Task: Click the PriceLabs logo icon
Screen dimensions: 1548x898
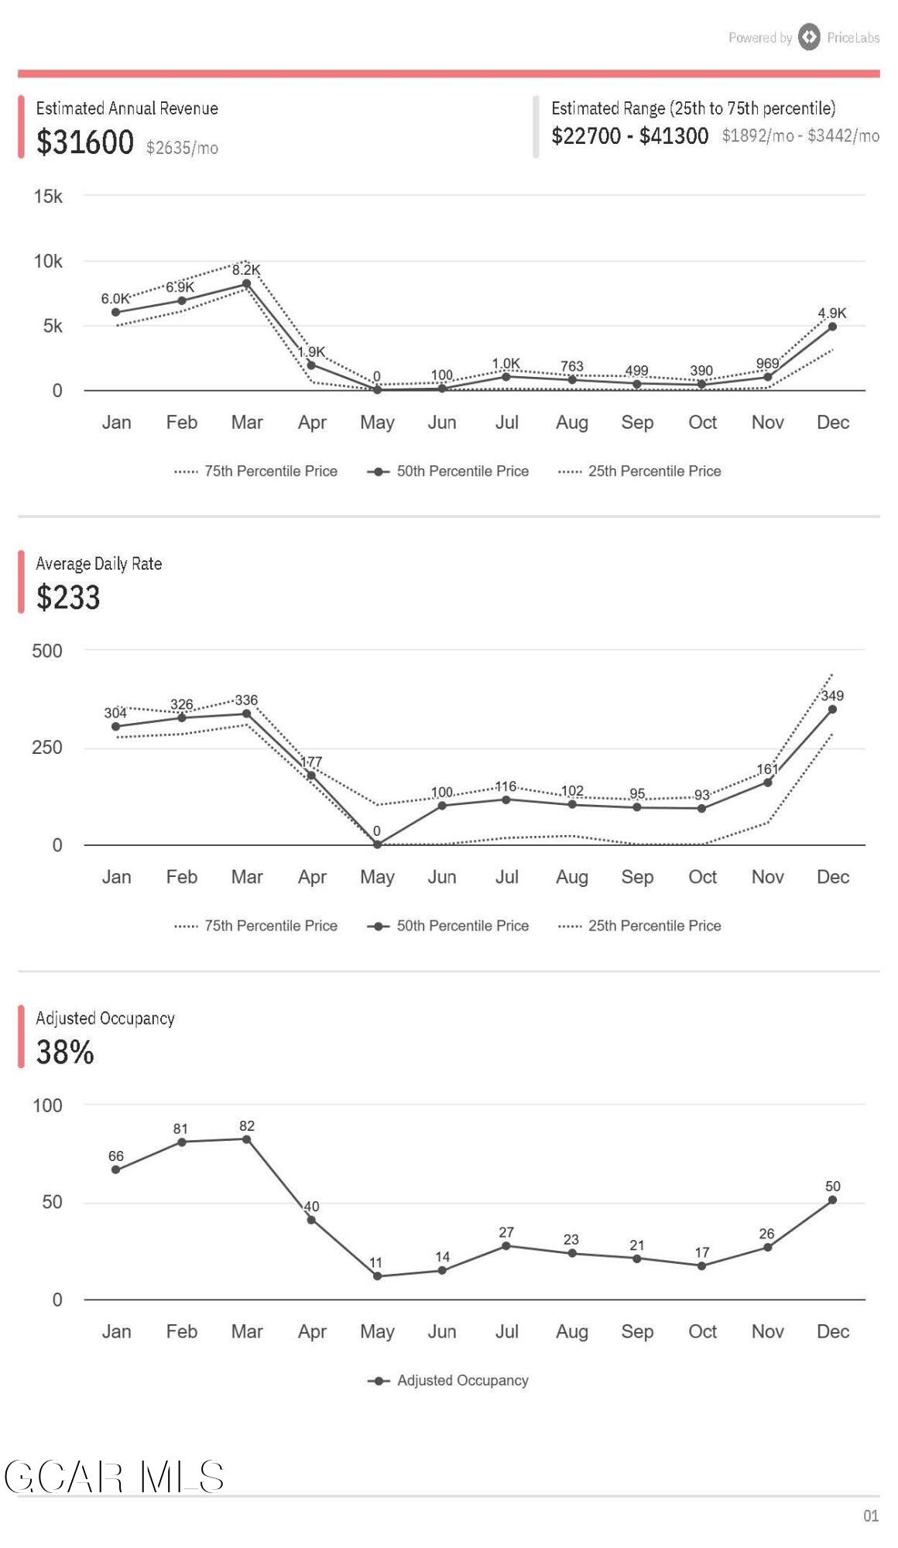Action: [x=809, y=36]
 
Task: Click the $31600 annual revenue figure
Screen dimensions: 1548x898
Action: [x=85, y=142]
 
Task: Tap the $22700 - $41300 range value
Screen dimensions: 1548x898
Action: [x=629, y=136]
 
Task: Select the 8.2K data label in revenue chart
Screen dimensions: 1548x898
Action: [x=246, y=270]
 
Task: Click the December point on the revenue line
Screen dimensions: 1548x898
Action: [x=832, y=327]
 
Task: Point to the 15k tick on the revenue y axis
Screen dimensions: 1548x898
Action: [x=48, y=197]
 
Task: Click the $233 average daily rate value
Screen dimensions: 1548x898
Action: [x=68, y=598]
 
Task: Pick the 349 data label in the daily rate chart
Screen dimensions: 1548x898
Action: [x=832, y=696]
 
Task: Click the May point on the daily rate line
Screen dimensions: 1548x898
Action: [x=377, y=844]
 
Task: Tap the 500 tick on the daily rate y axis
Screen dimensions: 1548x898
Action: [x=47, y=651]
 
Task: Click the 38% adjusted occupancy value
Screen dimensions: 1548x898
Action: [x=65, y=1053]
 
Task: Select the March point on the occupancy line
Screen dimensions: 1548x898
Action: [x=246, y=1139]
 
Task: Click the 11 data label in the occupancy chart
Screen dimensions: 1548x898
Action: [x=375, y=1262]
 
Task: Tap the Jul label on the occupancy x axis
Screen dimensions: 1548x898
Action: [x=506, y=1331]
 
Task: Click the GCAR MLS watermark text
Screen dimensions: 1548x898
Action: [x=115, y=1477]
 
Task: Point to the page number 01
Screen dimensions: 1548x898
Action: [x=871, y=1515]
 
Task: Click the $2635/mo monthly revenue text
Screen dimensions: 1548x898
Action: [x=182, y=148]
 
